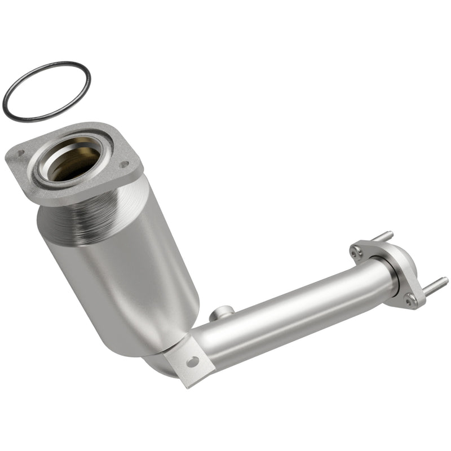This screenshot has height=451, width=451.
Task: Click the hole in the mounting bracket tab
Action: click(193, 362)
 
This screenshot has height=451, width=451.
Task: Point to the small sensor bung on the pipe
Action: click(222, 312)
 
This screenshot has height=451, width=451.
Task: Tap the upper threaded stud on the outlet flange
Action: click(383, 235)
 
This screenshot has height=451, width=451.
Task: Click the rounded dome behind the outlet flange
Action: click(409, 262)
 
